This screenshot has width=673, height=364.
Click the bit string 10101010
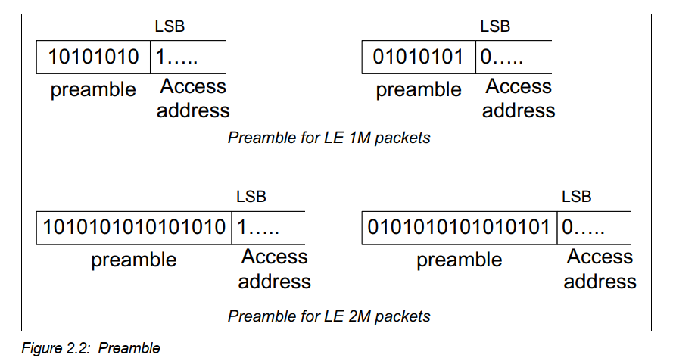(x=94, y=57)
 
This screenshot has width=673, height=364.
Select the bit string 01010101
(x=419, y=57)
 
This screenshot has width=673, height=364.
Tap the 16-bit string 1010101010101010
(x=135, y=227)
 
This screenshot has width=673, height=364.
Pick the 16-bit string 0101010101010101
(x=460, y=227)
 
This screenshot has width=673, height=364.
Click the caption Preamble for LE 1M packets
(x=329, y=138)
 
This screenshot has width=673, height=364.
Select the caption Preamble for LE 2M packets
(x=329, y=316)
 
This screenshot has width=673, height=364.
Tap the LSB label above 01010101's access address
(x=495, y=27)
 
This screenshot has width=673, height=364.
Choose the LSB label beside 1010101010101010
(x=251, y=198)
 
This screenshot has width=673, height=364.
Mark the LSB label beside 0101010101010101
(x=576, y=198)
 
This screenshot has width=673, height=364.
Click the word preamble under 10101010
(x=93, y=90)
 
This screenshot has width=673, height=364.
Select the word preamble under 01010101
(x=419, y=90)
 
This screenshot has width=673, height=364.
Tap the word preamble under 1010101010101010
(x=134, y=260)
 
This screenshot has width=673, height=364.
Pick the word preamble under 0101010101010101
(x=460, y=260)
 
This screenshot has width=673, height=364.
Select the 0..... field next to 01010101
(x=502, y=58)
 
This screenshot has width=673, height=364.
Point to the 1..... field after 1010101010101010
(x=258, y=227)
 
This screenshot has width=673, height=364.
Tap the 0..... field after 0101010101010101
(x=584, y=227)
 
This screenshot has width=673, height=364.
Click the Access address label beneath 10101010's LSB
(x=193, y=98)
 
